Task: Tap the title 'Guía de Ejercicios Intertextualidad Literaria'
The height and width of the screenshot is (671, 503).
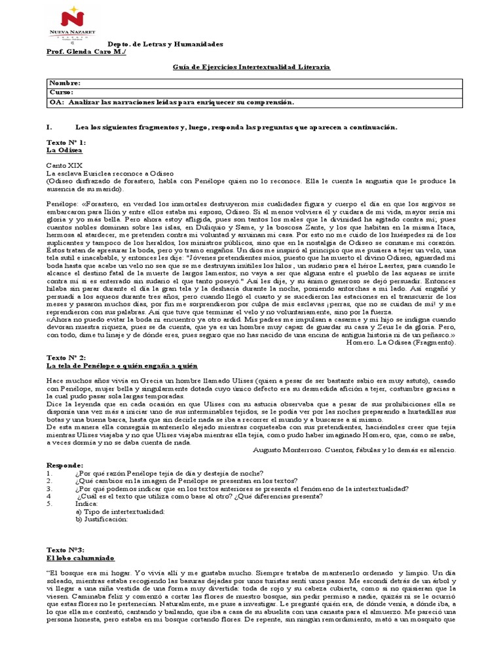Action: pos(251,67)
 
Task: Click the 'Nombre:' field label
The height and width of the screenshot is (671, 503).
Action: pos(65,84)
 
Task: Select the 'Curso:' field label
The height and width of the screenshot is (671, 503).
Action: pos(63,93)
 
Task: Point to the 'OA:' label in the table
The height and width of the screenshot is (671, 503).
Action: pos(56,102)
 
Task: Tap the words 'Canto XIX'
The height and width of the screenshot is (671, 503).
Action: pos(64,166)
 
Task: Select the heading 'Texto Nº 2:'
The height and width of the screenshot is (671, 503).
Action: pos(66,357)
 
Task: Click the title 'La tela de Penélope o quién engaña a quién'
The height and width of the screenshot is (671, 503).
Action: pos(122,366)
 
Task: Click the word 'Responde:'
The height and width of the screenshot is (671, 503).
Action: pos(65,465)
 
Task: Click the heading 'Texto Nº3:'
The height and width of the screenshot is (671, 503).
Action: pos(65,550)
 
